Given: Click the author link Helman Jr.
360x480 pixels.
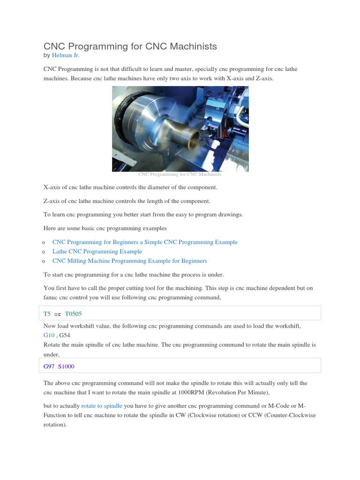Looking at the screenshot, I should (66, 55).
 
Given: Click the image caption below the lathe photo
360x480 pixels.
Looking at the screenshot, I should (180, 174).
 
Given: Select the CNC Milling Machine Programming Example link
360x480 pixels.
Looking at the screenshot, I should (129, 261).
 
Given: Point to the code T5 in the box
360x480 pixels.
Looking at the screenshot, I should (47, 314).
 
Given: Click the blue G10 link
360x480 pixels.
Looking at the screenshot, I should (49, 335).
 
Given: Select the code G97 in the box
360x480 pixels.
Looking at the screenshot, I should (49, 366).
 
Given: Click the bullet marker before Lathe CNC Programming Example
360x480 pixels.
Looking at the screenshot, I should (43, 252).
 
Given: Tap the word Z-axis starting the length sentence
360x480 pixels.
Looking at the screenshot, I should (52, 201).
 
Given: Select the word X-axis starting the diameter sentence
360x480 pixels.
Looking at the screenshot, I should (53, 187).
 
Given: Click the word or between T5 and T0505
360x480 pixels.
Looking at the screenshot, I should (58, 314).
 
